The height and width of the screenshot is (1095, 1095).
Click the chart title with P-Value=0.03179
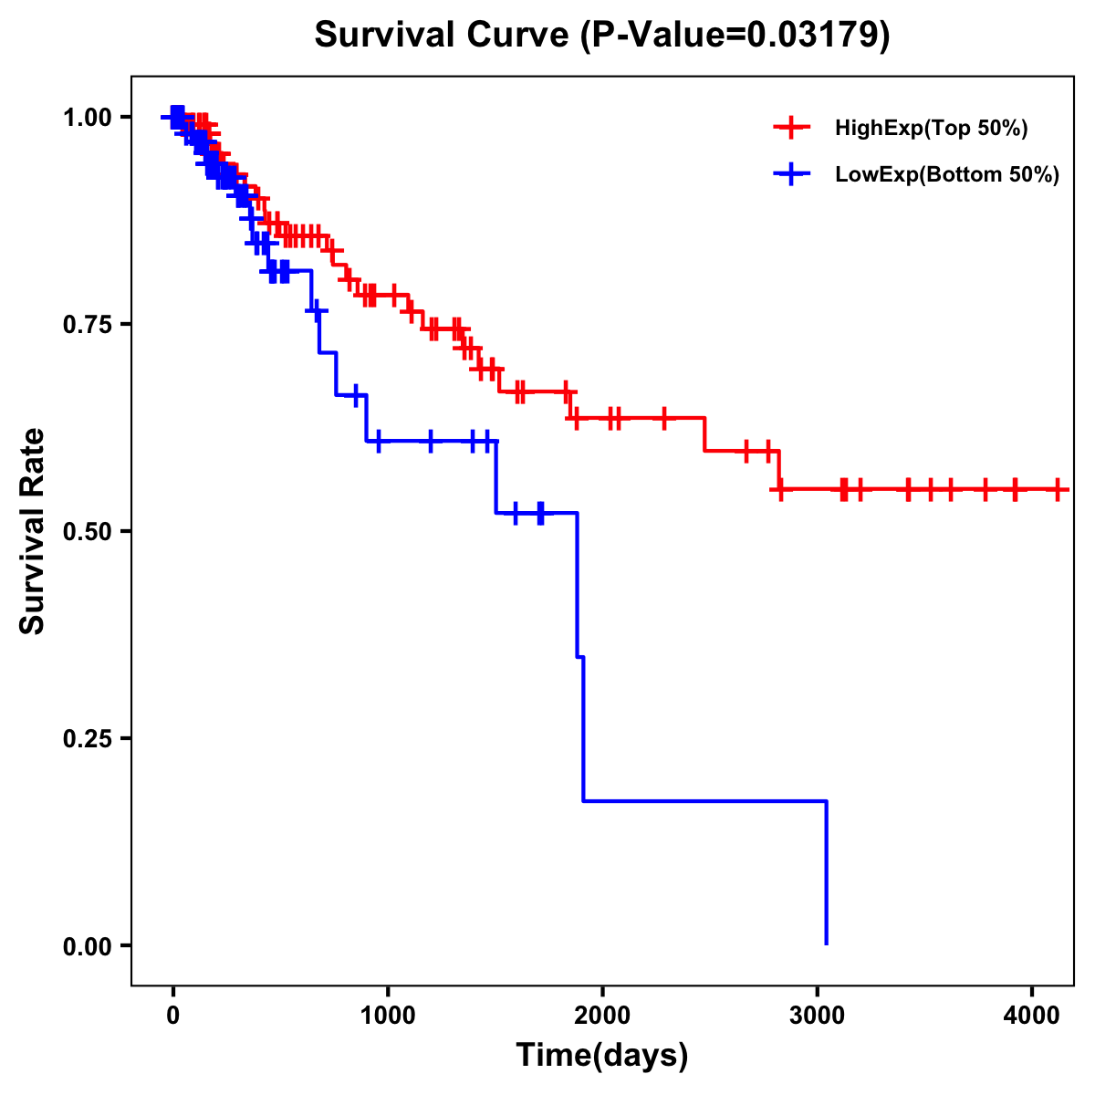[602, 35]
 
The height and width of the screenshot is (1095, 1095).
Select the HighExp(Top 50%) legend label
[931, 129]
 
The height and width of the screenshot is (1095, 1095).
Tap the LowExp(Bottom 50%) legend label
[947, 175]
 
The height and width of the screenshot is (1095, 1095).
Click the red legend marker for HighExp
[791, 129]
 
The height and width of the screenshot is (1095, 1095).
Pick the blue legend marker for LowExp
[791, 175]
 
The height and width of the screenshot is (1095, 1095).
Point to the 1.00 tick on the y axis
[87, 118]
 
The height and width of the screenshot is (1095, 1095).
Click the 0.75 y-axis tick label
[87, 325]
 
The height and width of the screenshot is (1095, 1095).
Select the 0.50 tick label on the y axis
[87, 532]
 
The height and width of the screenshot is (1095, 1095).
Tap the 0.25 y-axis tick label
[87, 739]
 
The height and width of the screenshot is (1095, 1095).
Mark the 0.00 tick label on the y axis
[87, 946]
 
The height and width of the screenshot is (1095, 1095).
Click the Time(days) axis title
[602, 1056]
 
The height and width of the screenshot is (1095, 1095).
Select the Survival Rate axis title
[33, 531]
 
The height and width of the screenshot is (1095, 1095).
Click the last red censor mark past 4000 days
[1057, 489]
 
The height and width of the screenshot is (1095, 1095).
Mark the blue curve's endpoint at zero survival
[826, 944]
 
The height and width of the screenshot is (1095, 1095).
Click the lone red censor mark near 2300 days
[664, 418]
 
